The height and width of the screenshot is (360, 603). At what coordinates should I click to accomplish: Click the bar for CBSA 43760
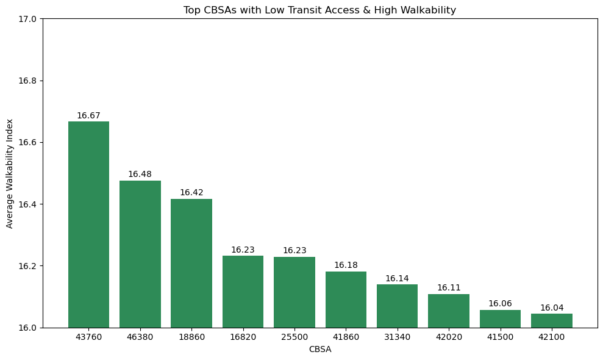tap(88, 225)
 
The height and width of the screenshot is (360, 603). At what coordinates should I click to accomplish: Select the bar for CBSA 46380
tap(140, 254)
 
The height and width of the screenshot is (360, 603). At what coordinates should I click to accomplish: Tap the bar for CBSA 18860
tap(191, 263)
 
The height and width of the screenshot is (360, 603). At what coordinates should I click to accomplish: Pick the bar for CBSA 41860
tap(346, 300)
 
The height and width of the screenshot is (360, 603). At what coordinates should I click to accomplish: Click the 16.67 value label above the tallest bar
tap(88, 116)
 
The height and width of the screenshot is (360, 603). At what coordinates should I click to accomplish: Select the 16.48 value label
tap(140, 175)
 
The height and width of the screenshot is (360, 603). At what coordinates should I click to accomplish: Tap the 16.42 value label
tap(191, 193)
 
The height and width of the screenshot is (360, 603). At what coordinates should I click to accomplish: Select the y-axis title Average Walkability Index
tap(10, 173)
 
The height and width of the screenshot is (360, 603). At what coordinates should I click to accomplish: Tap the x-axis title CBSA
tap(319, 350)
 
